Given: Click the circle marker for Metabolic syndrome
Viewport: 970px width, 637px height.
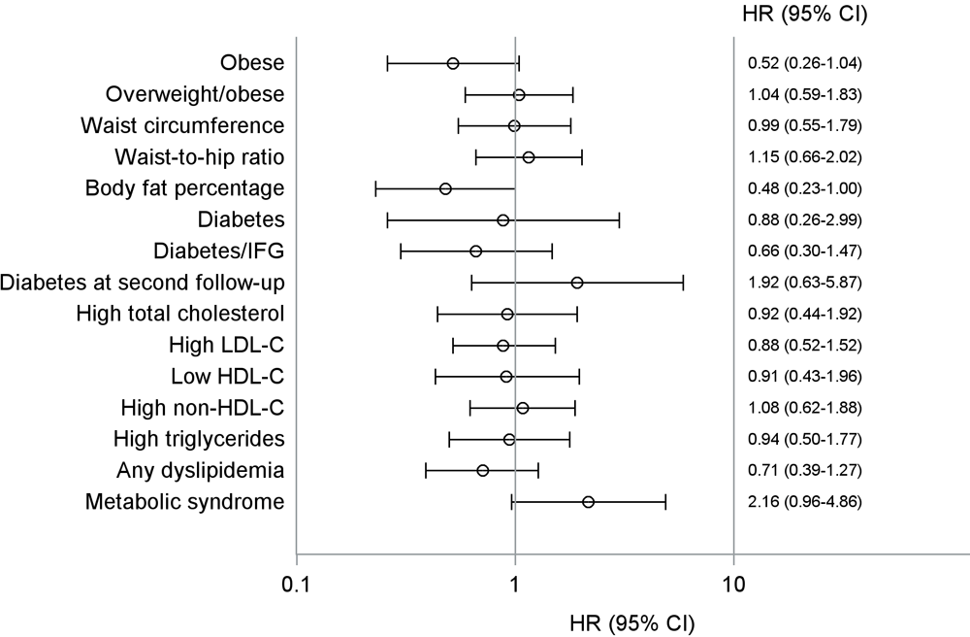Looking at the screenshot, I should [x=588, y=502].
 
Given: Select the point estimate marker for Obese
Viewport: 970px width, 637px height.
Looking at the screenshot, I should [x=453, y=64].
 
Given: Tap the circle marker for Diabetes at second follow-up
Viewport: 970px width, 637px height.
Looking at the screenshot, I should [x=577, y=283].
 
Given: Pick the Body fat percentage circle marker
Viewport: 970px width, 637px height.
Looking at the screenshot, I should [x=445, y=188].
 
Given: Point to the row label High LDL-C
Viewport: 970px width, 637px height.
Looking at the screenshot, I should [x=226, y=346].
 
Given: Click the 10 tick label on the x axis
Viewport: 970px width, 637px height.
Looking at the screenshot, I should [x=733, y=586].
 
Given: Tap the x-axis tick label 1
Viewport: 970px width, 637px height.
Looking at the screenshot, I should [x=514, y=586].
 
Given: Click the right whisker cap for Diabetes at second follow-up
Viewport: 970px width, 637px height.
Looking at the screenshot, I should [x=683, y=283].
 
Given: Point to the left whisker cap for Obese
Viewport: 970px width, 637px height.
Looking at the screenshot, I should [x=387, y=64].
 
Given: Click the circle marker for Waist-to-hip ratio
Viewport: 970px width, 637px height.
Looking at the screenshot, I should [x=529, y=157].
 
